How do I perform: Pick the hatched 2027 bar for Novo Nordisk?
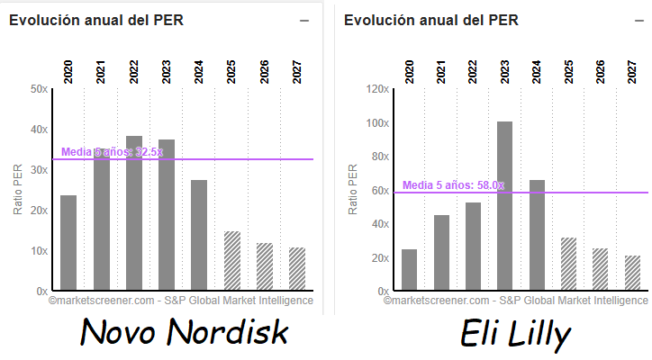(297, 269)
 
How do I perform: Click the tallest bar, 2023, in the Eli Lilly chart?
(504, 206)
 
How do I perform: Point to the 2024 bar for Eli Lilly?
(537, 235)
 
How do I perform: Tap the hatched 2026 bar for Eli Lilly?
(601, 269)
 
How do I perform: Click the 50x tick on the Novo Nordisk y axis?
(39, 89)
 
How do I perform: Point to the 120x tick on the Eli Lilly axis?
(376, 89)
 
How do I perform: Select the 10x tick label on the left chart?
(39, 251)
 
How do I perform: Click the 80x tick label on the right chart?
(379, 157)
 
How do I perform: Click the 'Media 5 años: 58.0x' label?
(453, 185)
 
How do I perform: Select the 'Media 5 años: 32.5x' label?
(113, 152)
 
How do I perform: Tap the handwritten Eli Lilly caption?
(515, 335)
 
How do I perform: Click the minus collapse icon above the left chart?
(304, 21)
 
